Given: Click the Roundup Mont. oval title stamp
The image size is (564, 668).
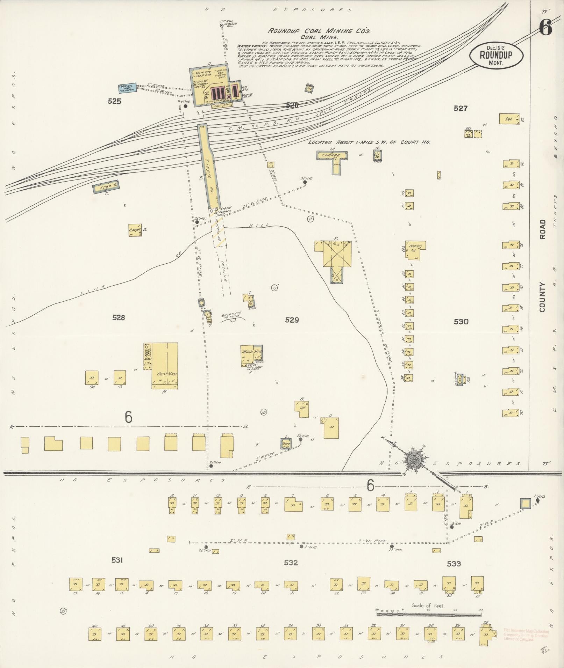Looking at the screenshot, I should click(496, 55).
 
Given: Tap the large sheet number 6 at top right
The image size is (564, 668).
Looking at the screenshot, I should click(545, 27).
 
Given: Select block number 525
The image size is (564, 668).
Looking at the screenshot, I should click(114, 101).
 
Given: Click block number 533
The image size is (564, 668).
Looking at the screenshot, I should click(454, 564).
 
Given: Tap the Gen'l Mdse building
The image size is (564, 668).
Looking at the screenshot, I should click(165, 365).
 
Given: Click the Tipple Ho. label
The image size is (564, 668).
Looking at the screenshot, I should click(211, 175).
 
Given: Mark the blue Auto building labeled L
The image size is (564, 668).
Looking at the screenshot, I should click(286, 443).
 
